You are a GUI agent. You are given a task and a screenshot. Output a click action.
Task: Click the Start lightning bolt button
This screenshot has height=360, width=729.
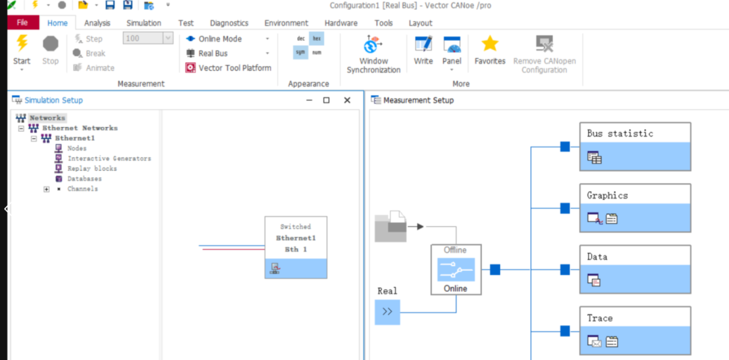(22, 43)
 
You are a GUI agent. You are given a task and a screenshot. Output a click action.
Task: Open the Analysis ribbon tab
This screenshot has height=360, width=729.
(97, 23)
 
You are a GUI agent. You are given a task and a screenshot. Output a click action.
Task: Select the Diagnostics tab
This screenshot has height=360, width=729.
(230, 23)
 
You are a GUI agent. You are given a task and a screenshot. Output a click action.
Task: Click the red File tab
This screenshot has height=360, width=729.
(22, 23)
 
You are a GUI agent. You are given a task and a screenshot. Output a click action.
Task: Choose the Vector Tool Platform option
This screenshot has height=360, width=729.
(229, 68)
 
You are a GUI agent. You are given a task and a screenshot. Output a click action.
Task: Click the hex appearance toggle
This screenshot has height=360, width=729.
(317, 38)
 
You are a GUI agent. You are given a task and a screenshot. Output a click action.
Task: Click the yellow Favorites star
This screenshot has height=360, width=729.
(489, 44)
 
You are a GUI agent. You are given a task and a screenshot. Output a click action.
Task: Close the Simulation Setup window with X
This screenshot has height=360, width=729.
(347, 100)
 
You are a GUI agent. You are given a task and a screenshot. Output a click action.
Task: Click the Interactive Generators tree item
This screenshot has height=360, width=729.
(109, 158)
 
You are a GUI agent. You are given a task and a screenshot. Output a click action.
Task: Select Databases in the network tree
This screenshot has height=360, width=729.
(84, 178)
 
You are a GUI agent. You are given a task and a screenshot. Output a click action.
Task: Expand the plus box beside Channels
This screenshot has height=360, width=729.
(47, 189)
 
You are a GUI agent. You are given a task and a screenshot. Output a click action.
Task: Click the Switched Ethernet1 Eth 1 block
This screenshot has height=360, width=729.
(296, 247)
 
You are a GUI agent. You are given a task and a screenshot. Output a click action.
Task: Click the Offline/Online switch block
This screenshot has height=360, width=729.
(456, 269)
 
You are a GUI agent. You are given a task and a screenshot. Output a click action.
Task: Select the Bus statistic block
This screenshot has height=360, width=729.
(635, 147)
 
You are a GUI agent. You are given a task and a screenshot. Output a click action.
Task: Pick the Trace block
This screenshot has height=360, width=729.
(635, 330)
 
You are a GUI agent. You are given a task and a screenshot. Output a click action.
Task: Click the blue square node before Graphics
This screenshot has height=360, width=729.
(565, 208)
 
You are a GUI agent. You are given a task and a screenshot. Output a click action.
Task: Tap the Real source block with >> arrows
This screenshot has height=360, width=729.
(387, 311)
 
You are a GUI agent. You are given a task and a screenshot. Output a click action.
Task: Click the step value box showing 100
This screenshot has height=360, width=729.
(148, 38)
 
